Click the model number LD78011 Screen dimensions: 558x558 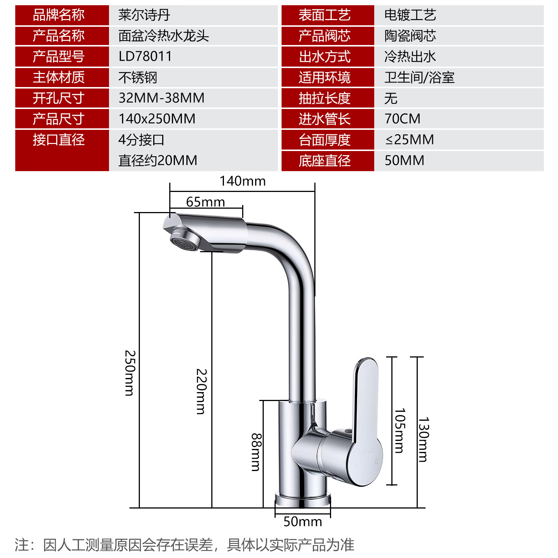click(x=145, y=57)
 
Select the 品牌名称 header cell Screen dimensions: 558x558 click(x=59, y=15)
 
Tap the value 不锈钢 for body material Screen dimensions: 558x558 click(x=138, y=77)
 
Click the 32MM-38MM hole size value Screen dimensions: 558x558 click(x=161, y=98)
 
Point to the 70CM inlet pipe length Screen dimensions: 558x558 click(x=403, y=119)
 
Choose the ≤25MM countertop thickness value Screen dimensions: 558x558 click(x=409, y=140)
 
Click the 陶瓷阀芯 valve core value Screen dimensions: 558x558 click(x=410, y=36)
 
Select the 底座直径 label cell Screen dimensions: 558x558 click(x=324, y=161)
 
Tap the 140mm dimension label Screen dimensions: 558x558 click(x=243, y=181)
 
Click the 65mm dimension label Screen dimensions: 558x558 click(x=205, y=202)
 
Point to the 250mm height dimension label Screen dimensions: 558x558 click(x=130, y=373)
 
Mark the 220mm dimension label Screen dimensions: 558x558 click(x=201, y=391)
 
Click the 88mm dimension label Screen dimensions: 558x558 click(x=256, y=452)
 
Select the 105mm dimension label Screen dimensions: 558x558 click(x=400, y=431)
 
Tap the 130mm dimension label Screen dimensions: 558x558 click(x=424, y=439)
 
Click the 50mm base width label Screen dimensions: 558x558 click(x=302, y=522)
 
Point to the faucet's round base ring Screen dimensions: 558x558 click(x=303, y=500)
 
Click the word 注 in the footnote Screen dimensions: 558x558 click(x=22, y=545)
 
